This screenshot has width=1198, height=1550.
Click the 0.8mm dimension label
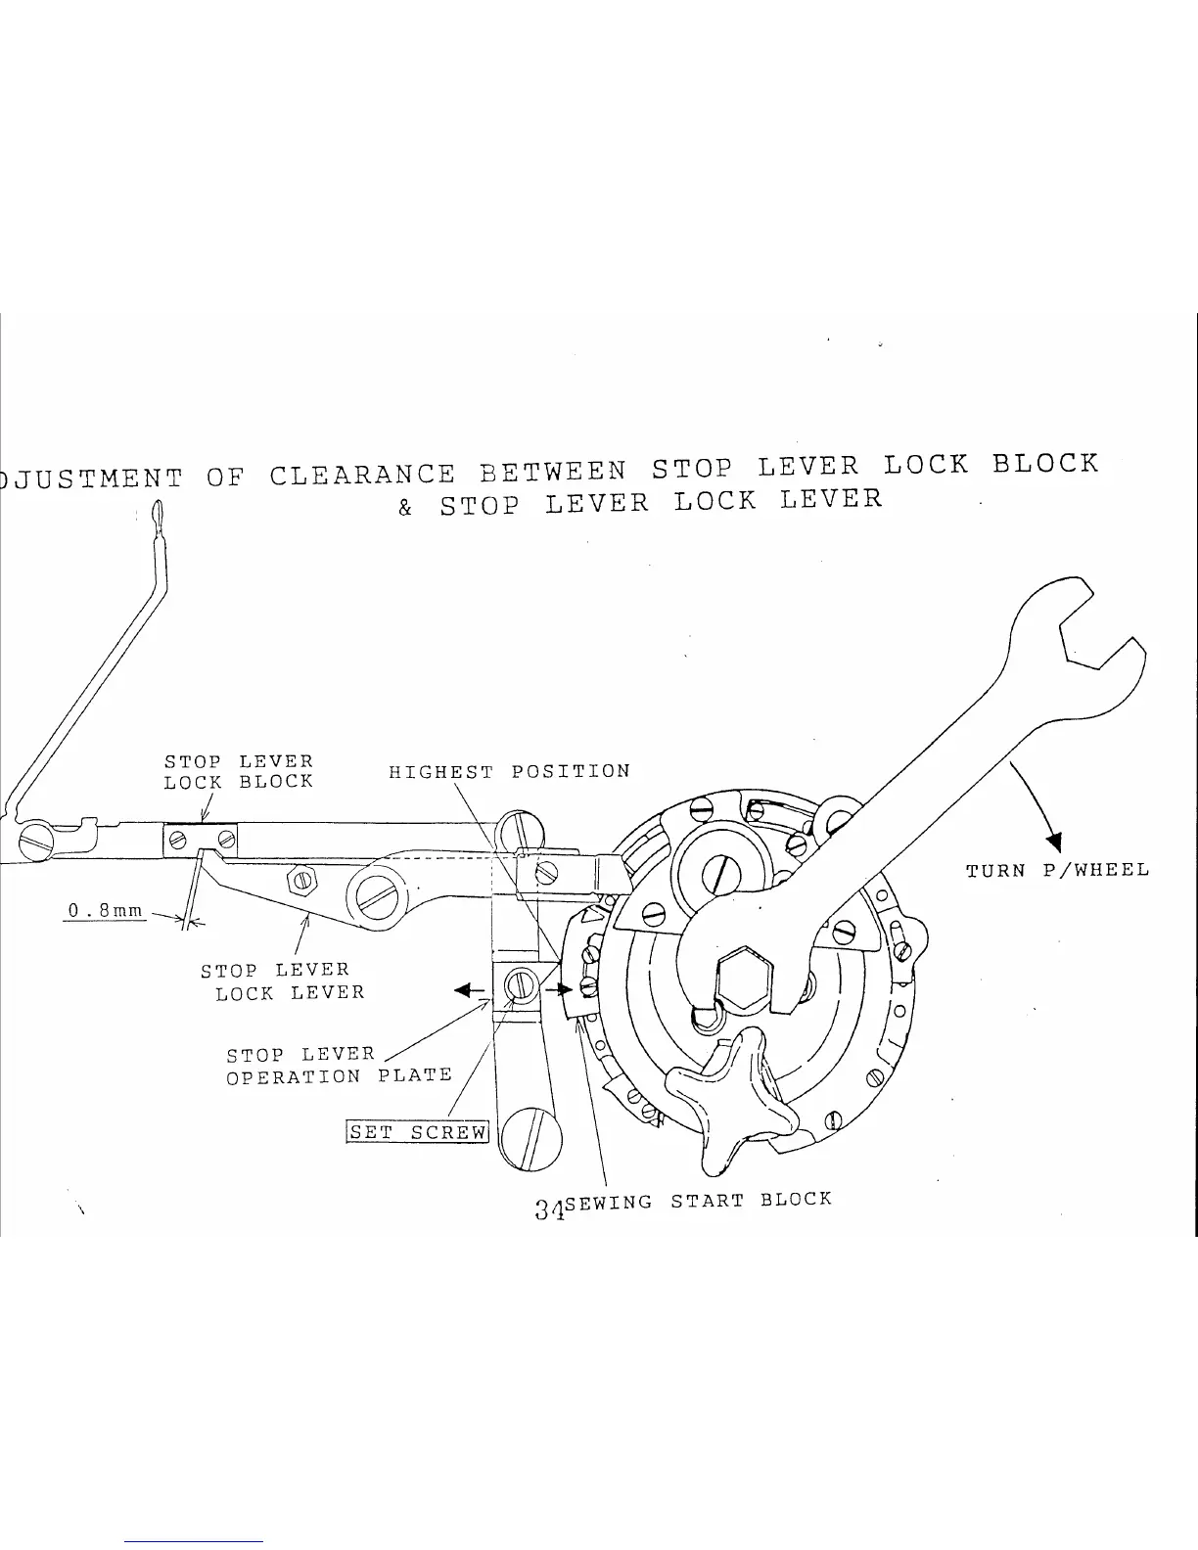tap(105, 912)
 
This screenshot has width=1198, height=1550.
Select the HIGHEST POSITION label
tap(509, 771)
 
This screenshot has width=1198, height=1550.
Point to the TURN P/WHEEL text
tap(1057, 870)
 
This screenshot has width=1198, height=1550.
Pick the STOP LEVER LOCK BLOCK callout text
tap(238, 771)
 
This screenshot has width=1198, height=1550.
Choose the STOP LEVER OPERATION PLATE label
tap(338, 1066)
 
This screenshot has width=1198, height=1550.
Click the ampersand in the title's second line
tap(405, 509)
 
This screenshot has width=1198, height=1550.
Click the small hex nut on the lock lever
tap(301, 881)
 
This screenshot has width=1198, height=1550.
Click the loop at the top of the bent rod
tap(156, 516)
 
